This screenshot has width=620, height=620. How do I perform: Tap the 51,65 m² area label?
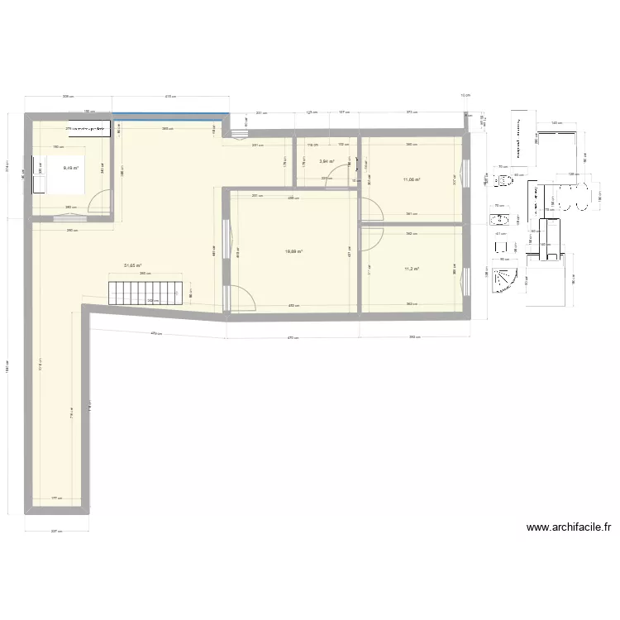tap(132, 265)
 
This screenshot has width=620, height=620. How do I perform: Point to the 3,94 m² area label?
tap(326, 162)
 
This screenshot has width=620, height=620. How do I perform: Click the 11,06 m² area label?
tap(411, 179)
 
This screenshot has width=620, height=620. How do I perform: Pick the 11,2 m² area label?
tap(411, 269)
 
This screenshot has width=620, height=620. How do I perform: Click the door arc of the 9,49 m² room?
tap(100, 200)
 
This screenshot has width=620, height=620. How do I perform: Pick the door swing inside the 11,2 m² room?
tap(370, 236)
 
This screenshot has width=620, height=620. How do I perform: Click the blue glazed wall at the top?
tap(170, 114)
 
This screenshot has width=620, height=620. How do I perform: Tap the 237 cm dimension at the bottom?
tap(55, 532)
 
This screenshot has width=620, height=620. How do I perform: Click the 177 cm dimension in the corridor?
tap(55, 498)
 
